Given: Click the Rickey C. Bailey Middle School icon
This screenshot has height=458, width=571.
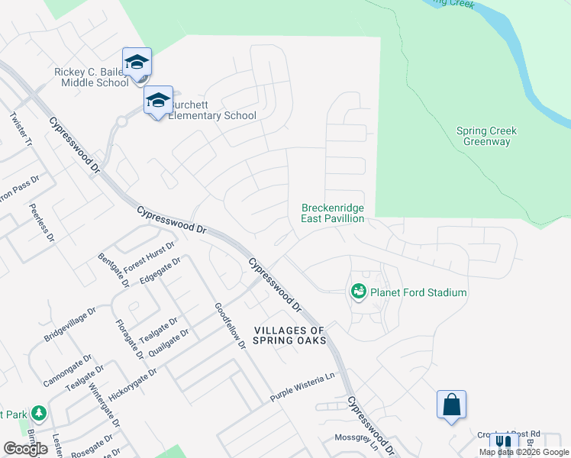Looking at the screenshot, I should tap(137, 62).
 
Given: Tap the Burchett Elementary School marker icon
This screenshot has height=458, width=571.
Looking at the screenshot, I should tap(159, 100).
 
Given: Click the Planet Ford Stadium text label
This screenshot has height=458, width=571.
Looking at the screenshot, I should tap(418, 292).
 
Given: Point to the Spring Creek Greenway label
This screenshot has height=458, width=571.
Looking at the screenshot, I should tap(486, 137).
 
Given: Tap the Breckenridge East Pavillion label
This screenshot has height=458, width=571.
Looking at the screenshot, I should tap(333, 213).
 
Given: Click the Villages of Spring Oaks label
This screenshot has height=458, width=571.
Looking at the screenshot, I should tap(290, 335).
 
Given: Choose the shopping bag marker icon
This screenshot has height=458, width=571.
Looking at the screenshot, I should tap(451, 404).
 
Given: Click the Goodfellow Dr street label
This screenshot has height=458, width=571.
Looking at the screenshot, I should tap(230, 327).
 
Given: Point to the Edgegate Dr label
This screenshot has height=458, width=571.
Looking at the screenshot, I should tap(160, 272).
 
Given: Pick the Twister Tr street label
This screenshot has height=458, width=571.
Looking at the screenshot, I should tap(21, 130).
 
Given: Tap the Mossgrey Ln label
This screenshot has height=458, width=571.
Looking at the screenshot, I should tap(356, 439).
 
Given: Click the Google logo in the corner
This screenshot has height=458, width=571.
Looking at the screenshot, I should tap(26, 449).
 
